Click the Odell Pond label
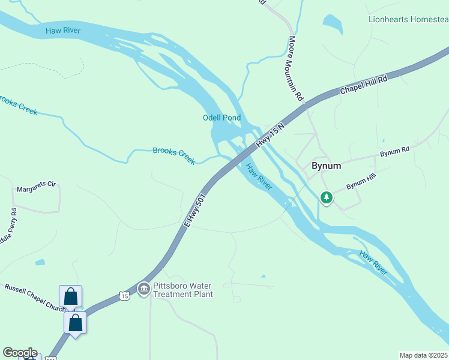point(221,118)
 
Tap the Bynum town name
point(326,166)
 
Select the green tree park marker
point(326,197)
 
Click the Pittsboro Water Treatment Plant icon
point(143,290)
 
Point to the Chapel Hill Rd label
point(364,84)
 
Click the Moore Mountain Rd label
point(296,68)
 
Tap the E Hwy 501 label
point(195,210)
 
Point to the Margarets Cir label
point(35,188)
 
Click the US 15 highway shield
point(124,296)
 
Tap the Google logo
point(19,353)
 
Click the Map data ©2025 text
point(423,355)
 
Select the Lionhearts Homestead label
point(408,19)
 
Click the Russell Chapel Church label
point(34,297)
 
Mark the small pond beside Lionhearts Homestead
point(332,22)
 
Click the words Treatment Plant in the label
point(183,294)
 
